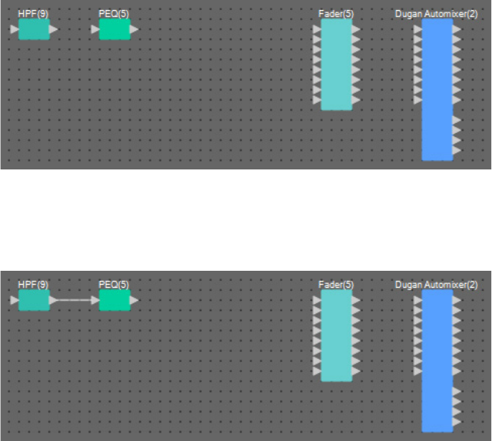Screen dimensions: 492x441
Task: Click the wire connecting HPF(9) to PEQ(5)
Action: click(74, 299)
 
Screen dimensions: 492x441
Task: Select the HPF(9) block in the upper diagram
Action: click(34, 29)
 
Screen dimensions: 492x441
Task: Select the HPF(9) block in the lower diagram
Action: click(34, 299)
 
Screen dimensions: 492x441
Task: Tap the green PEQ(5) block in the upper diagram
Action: click(114, 29)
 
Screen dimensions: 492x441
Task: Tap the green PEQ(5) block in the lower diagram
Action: click(114, 299)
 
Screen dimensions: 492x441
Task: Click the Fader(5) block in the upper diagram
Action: click(337, 65)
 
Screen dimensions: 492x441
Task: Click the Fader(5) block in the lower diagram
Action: click(337, 335)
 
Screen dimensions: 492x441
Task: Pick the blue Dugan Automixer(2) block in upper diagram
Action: click(437, 89)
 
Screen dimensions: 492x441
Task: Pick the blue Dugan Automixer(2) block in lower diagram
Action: click(437, 360)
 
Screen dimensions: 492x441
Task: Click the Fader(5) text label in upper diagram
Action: click(336, 14)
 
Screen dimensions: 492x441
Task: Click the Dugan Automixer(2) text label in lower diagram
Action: click(436, 284)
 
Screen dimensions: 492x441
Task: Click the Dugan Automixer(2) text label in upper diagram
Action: click(436, 14)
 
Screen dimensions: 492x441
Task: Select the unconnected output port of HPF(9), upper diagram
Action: click(53, 29)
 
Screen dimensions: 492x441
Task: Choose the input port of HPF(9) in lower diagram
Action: click(15, 299)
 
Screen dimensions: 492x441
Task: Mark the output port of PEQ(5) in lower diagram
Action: click(134, 299)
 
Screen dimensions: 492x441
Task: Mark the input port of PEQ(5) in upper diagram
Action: click(95, 29)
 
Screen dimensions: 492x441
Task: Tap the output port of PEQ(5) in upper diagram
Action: click(134, 29)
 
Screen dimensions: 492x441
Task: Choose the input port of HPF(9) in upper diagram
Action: click(15, 29)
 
